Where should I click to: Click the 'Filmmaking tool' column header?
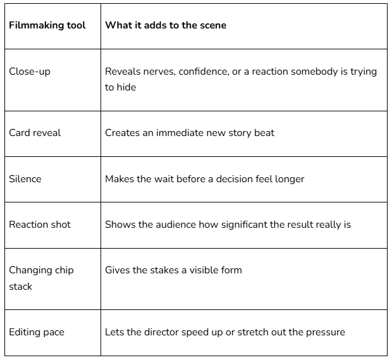pos(47,25)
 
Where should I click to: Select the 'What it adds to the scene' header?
pos(166,25)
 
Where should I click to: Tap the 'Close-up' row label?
pos(30,71)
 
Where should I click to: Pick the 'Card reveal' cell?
pos(35,133)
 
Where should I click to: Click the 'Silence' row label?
pos(25,179)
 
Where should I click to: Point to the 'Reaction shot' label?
pos(40,225)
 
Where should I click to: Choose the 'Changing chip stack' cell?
pos(41,278)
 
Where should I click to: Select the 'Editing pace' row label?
pos(37,332)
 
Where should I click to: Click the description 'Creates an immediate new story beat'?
pos(190,133)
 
